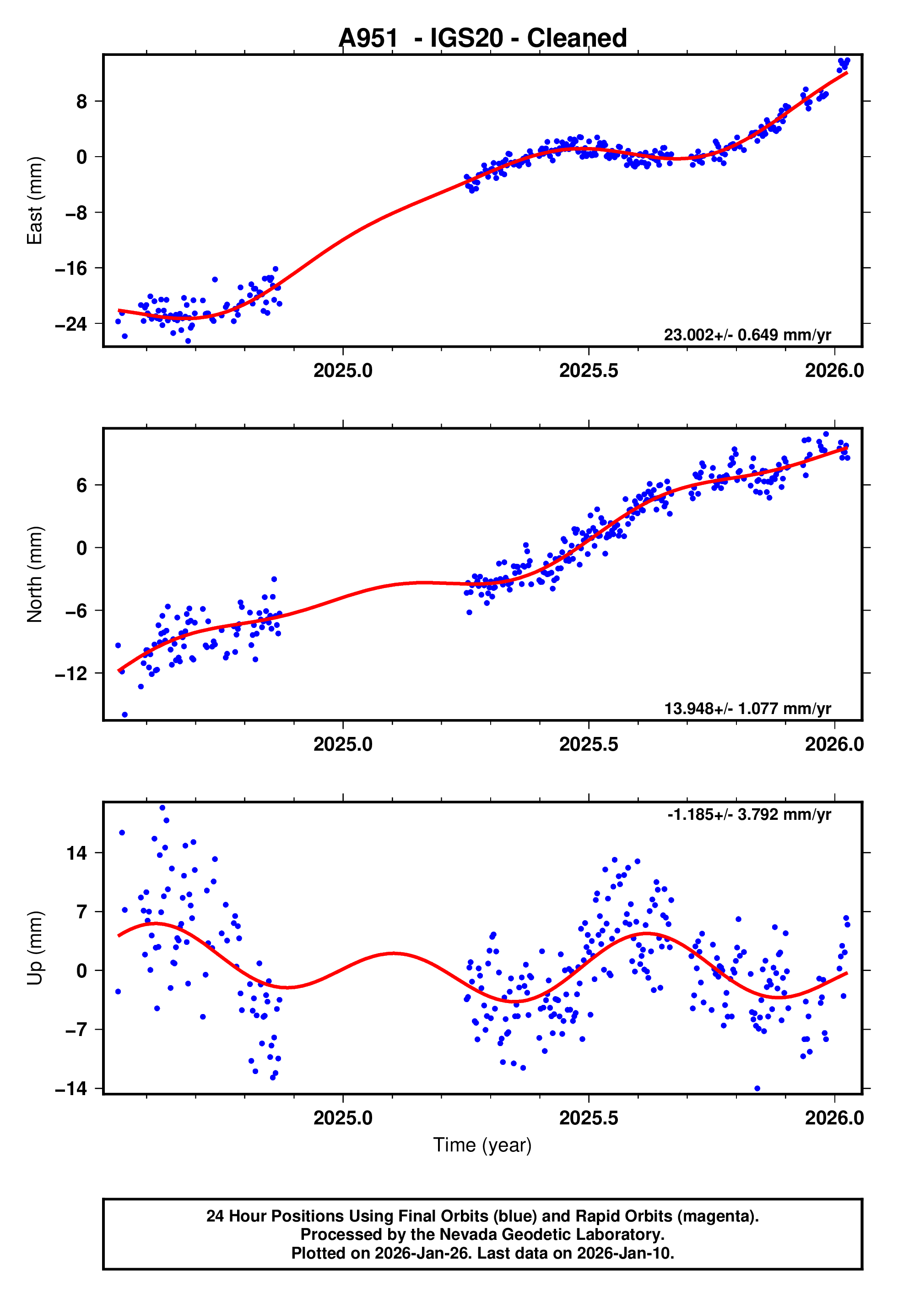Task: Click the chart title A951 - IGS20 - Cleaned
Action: click(482, 38)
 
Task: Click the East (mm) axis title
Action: click(35, 201)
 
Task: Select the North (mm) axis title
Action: click(35, 574)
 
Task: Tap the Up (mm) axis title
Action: click(35, 948)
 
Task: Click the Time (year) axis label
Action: click(482, 1145)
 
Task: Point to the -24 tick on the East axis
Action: click(71, 324)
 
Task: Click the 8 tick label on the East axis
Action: click(82, 102)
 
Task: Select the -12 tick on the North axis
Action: click(71, 673)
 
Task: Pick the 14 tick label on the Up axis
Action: click(76, 853)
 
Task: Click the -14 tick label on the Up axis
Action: click(71, 1089)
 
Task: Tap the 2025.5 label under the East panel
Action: click(589, 371)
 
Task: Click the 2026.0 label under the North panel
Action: click(834, 744)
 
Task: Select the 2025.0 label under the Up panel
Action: click(343, 1118)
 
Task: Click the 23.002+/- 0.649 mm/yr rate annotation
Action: click(747, 335)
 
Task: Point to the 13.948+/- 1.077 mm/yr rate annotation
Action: click(747, 709)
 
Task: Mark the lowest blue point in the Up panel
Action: click(757, 1089)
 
